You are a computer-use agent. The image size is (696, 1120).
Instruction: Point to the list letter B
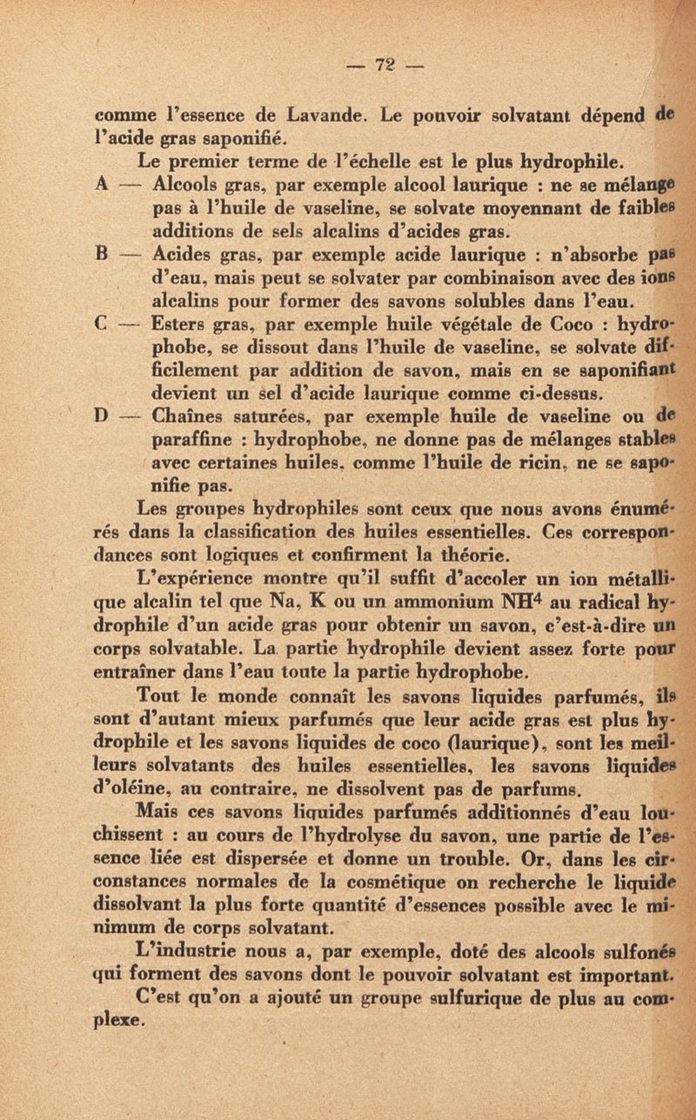[x=102, y=258]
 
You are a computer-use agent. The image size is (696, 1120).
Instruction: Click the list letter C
[x=102, y=331]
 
